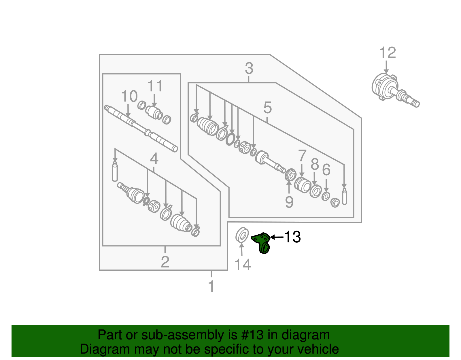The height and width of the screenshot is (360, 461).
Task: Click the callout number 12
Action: (388, 53)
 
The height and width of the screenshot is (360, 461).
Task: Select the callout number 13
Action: (292, 237)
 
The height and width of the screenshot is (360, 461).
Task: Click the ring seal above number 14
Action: (242, 235)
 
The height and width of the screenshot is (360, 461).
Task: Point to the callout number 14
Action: (243, 265)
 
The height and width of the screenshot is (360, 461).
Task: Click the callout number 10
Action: (129, 96)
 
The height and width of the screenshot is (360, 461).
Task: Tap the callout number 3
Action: (249, 69)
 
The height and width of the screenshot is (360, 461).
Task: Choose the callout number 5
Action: (267, 108)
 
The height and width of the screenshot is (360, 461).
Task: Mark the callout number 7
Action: (302, 156)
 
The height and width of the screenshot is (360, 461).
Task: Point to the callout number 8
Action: (315, 164)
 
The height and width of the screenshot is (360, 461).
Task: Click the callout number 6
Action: (326, 170)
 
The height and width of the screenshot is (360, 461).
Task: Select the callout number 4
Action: (154, 159)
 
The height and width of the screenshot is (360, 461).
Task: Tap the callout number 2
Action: (165, 262)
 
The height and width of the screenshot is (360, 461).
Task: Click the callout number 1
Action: (211, 286)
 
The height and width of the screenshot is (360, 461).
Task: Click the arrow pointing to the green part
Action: (277, 237)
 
